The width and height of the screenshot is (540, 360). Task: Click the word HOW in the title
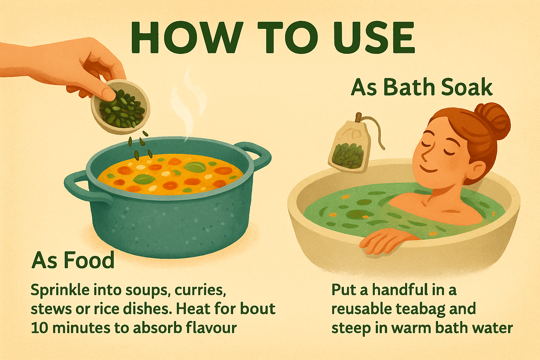[186, 37]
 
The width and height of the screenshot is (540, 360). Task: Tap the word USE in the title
[374, 37]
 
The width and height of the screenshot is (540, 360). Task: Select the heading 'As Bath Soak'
[422, 87]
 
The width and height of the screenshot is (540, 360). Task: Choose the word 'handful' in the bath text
[400, 290]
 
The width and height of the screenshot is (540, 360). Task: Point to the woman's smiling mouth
[429, 169]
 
